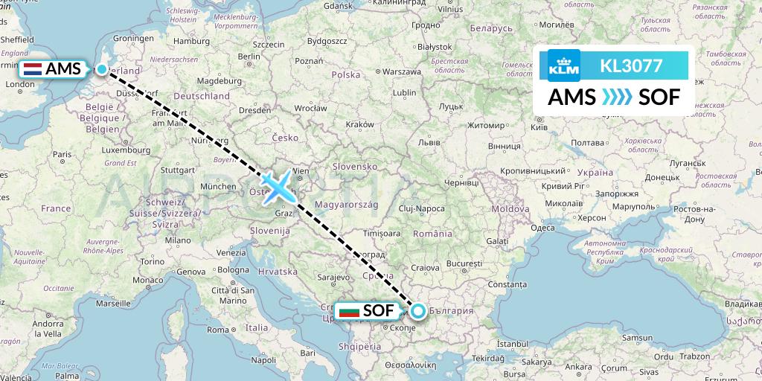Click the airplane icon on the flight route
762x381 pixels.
(x=277, y=187)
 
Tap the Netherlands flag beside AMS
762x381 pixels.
(x=33, y=69)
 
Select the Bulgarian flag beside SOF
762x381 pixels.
(x=348, y=312)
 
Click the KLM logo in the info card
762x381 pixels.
(x=563, y=65)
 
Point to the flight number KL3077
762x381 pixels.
(x=631, y=65)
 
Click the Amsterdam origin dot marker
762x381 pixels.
(x=102, y=69)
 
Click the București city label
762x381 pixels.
(x=466, y=264)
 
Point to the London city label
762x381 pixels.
(x=19, y=85)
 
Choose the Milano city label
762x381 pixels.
(x=178, y=240)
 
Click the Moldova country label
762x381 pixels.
(x=509, y=210)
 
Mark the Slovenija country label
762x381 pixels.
(x=269, y=231)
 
